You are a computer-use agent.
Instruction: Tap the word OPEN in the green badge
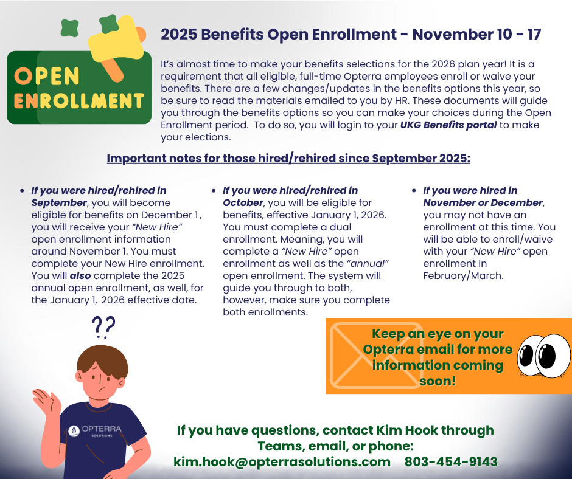click(x=47, y=77)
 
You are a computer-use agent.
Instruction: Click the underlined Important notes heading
click(x=288, y=159)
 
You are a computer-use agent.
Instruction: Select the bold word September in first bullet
click(x=59, y=202)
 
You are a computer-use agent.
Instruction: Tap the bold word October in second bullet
click(x=241, y=202)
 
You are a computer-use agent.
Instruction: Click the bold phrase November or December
click(x=483, y=202)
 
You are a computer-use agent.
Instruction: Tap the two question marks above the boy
click(x=103, y=327)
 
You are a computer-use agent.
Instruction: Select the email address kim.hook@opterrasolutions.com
click(x=282, y=462)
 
